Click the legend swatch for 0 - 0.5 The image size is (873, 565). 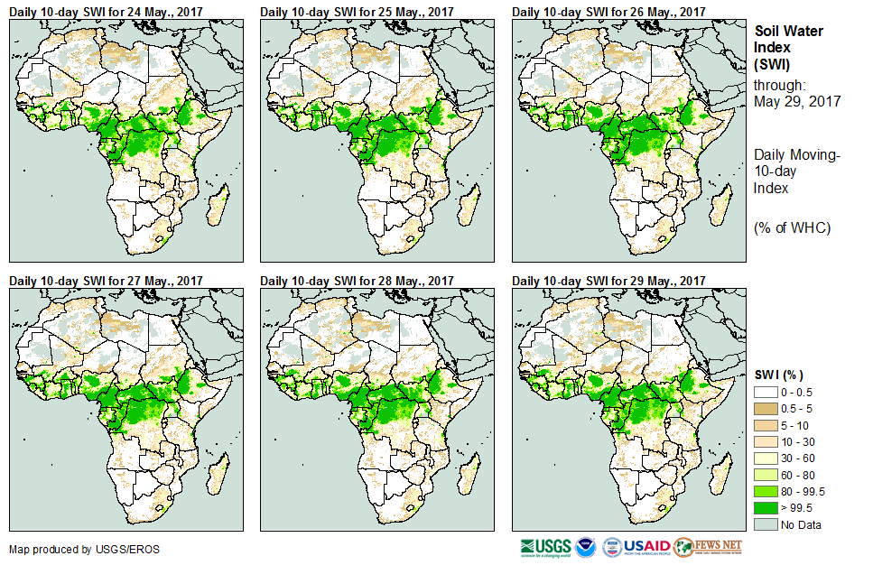(765, 393)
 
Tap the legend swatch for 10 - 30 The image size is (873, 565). (765, 442)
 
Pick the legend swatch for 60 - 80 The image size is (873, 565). (765, 475)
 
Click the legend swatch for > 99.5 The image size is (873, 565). (765, 508)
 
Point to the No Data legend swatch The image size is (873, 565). (765, 524)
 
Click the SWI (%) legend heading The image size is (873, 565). (779, 375)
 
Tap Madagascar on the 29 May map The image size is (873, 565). (722, 470)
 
